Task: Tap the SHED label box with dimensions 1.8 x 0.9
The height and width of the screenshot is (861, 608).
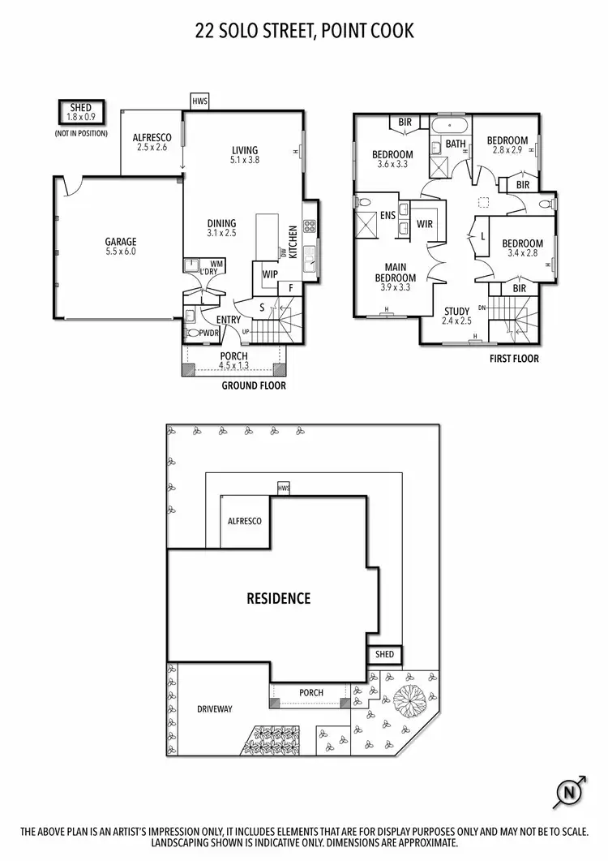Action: (80, 112)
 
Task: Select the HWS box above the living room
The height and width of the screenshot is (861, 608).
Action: (199, 101)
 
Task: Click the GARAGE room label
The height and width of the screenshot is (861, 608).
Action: (120, 247)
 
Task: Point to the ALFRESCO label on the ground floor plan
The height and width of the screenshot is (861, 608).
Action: (151, 143)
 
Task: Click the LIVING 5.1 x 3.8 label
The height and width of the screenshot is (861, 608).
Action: (244, 155)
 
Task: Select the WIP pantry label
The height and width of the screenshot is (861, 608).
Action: (269, 274)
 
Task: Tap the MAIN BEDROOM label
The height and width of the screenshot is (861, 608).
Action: (396, 277)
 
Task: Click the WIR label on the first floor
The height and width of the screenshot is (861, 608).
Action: (424, 223)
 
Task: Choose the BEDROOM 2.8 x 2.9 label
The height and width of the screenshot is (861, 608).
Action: (507, 145)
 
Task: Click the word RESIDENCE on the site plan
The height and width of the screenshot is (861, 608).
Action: (278, 599)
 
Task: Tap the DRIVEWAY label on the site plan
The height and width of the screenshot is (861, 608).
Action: (215, 708)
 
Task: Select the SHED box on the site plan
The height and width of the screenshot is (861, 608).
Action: (383, 654)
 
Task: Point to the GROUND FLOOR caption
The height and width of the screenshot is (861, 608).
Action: (254, 386)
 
